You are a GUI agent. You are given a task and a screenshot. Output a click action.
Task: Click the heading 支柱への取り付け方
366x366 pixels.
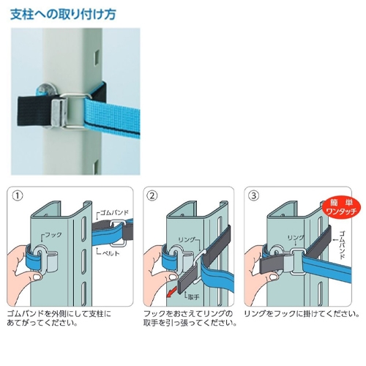pos(63,15)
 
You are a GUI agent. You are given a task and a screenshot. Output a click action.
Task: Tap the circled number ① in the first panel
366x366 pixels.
pos(18,195)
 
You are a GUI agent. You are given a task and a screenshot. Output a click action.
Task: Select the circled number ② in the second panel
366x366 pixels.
pos(152,195)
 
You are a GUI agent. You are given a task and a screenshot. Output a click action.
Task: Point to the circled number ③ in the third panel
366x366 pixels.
pos(254,195)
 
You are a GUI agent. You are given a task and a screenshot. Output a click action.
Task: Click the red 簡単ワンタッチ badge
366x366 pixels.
pos(341,208)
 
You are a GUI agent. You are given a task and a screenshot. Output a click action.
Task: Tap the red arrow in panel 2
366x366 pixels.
pos(171,292)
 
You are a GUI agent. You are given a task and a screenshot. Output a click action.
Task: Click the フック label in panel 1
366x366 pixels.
pos(52,236)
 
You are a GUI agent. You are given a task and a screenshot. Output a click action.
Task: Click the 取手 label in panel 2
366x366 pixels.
pos(192,296)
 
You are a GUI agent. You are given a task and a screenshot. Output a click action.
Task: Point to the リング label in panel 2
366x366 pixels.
pos(187,240)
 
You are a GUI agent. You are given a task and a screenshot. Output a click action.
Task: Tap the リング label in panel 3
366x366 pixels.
pos(296,238)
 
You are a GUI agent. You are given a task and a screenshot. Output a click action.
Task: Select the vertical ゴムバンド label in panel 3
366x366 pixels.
pos(342,244)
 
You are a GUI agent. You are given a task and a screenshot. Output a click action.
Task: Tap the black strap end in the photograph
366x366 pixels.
pos(34,111)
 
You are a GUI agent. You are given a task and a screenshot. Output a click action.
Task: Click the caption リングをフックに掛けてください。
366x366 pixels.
pos(302,314)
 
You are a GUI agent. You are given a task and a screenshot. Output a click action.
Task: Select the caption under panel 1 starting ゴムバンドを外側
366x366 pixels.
pos(59,318)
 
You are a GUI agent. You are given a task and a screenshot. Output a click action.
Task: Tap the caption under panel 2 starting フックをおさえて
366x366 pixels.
pos(190,318)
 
